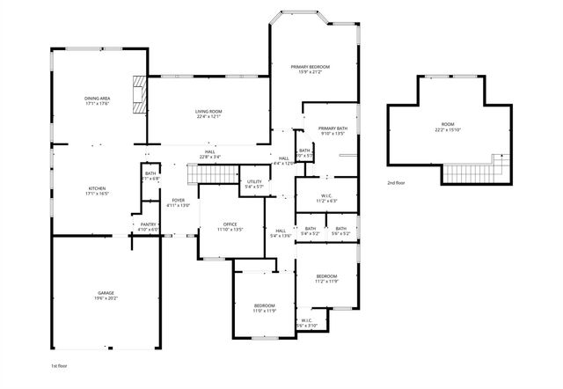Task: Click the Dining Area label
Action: click(97, 99)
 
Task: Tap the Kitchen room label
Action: click(97, 188)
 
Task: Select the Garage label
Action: click(106, 292)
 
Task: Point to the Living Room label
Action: click(208, 111)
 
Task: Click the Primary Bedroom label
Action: click(311, 67)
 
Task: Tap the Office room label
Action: click(230, 224)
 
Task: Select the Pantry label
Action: click(148, 224)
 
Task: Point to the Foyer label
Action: click(179, 201)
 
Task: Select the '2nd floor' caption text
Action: click(396, 183)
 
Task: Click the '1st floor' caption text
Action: click(60, 364)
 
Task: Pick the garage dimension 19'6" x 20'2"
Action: click(106, 297)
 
